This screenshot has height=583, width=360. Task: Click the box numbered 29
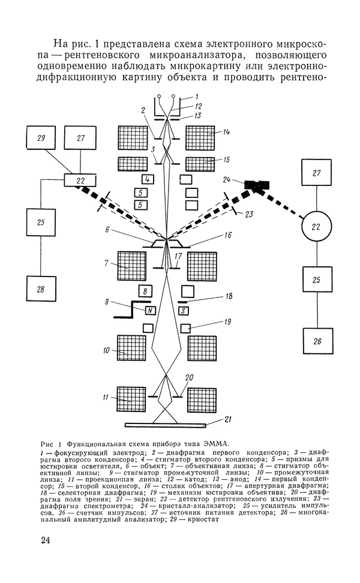tap(41, 138)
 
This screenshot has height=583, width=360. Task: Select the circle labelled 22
tap(316, 226)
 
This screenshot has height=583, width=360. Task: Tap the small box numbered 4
tap(148, 179)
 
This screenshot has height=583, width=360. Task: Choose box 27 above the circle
tap(316, 173)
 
